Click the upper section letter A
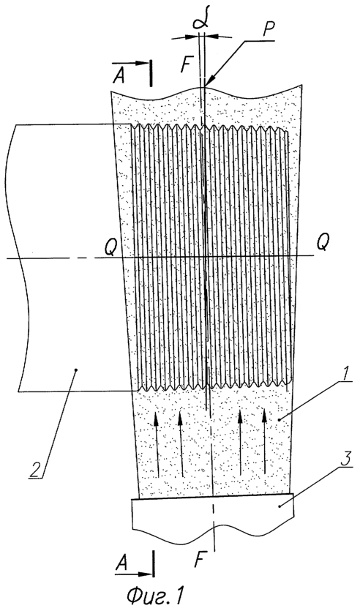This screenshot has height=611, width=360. click(119, 76)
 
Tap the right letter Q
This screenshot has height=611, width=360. click(322, 244)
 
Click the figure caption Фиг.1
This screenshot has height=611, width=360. click(154, 596)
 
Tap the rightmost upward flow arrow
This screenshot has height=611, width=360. click(265, 440)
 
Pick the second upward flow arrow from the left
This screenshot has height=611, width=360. click(181, 444)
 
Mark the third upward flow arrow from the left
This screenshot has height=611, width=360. click(241, 442)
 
